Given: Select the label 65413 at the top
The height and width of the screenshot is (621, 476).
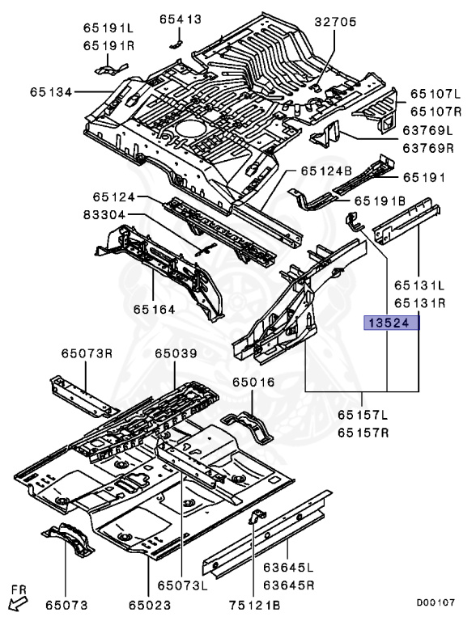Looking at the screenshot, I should tap(181, 19).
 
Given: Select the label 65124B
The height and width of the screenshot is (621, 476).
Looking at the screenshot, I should tap(326, 171).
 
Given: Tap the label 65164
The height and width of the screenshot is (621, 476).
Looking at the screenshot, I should tap(154, 308).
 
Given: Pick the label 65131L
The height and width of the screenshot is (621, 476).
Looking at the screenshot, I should tap(420, 285).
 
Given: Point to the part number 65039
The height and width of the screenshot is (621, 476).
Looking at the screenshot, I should tap(176, 354).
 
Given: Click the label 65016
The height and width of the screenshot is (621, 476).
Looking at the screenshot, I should tap(254, 381).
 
